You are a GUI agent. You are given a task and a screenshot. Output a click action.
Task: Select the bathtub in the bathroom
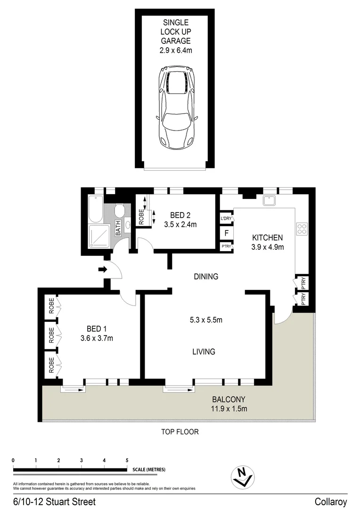[95, 209]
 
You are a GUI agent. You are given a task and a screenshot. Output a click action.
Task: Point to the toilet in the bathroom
[120, 209]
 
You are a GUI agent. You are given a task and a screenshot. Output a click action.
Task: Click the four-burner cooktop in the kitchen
[302, 230]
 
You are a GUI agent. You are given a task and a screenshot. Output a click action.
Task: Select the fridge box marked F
[226, 233]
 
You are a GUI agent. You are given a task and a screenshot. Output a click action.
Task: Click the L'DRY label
[226, 219]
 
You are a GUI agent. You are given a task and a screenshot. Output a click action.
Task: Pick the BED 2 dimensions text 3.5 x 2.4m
[180, 225]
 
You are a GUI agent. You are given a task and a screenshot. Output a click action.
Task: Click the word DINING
[206, 277]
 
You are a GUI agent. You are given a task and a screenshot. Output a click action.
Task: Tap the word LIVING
[204, 352]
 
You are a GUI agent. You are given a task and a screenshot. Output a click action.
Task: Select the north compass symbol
[243, 477]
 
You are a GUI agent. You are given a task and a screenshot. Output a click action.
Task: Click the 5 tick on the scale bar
[127, 460]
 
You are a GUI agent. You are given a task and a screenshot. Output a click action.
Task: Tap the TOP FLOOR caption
[180, 432]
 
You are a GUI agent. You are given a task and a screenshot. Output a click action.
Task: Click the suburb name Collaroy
[331, 502]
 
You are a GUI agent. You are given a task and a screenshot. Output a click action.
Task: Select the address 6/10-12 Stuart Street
[54, 502]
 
